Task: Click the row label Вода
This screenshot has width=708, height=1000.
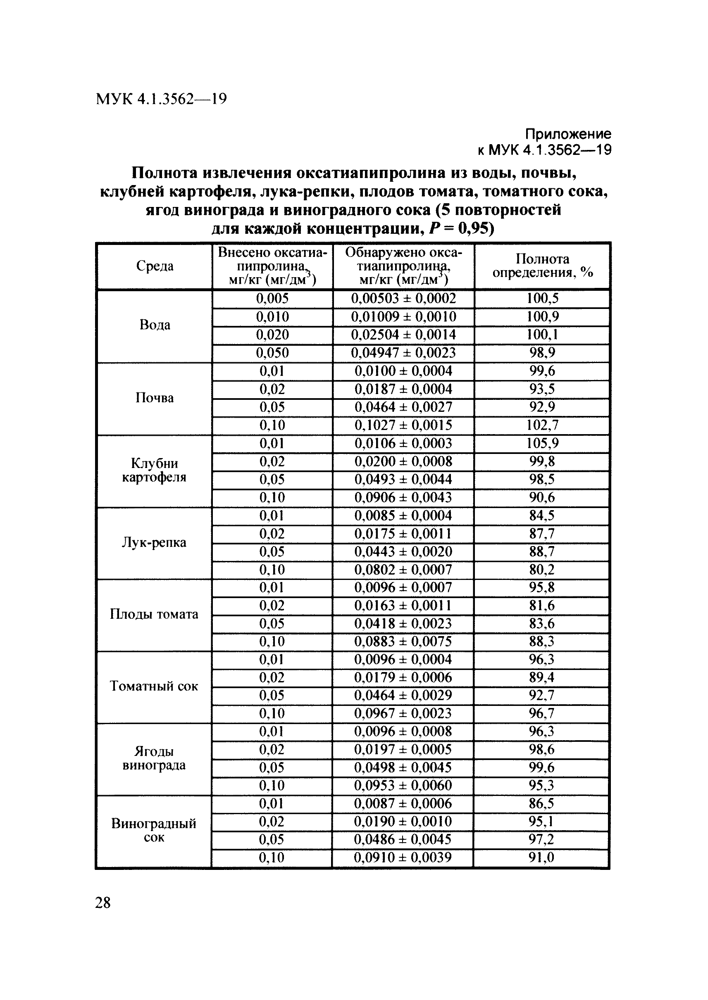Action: click(x=155, y=325)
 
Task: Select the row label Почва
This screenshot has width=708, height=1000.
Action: click(x=154, y=398)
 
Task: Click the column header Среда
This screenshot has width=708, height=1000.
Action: click(x=155, y=266)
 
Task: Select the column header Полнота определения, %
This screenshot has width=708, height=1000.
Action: click(x=542, y=266)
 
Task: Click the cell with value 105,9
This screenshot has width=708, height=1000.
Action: click(x=542, y=444)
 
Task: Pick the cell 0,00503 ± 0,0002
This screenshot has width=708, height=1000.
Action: click(x=403, y=299)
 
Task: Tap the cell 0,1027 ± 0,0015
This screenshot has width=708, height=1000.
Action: click(x=403, y=425)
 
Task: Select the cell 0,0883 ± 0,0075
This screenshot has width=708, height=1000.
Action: click(x=403, y=641)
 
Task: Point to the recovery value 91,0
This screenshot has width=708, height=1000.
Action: click(x=541, y=857)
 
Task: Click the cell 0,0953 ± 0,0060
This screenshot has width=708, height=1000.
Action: click(x=403, y=785)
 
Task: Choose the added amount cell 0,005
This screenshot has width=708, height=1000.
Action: click(x=272, y=299)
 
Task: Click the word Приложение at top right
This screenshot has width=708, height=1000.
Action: click(x=567, y=133)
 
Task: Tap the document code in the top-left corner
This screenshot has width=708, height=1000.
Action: click(x=161, y=100)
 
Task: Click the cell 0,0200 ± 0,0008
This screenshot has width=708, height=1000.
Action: click(x=403, y=461)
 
